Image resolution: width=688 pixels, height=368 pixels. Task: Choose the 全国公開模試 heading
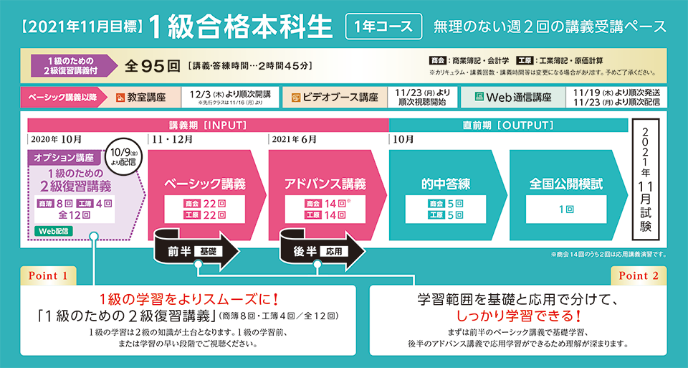[565, 184]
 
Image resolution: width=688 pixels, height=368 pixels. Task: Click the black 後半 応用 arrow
[317, 251]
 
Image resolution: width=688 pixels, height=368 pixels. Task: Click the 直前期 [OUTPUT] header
[508, 125]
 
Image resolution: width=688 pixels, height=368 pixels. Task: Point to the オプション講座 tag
[63, 157]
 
